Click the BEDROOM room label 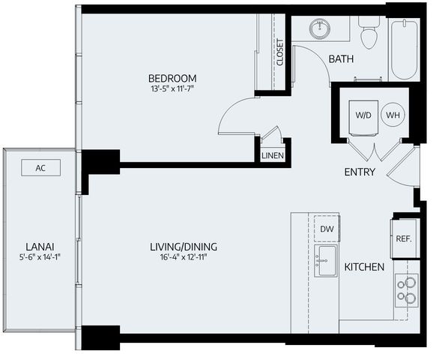172,78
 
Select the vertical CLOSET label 280,52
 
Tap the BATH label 341,60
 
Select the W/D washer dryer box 363,115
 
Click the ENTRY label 360,172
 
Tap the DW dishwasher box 327,229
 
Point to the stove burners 407,290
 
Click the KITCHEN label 364,267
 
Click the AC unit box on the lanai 40,168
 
